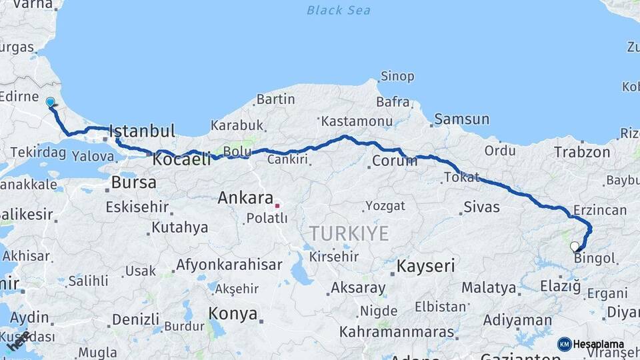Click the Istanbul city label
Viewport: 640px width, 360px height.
click(x=141, y=131)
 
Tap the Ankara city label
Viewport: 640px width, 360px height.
click(x=245, y=198)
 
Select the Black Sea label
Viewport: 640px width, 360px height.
click(x=338, y=10)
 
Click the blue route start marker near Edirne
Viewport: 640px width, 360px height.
click(x=50, y=102)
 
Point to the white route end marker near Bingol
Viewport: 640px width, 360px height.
click(x=575, y=247)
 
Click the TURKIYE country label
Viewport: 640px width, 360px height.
click(x=348, y=233)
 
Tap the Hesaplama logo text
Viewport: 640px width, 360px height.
click(x=598, y=344)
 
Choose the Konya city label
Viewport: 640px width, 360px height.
click(x=233, y=313)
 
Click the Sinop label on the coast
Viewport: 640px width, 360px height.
click(x=397, y=77)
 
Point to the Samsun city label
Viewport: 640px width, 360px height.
click(x=461, y=120)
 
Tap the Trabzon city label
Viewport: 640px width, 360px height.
click(x=581, y=152)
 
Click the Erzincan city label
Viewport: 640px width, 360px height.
click(x=600, y=211)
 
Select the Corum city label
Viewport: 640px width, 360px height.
click(x=394, y=161)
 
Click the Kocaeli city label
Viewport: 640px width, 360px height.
click(x=181, y=160)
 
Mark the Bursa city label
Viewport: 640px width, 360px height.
click(x=134, y=182)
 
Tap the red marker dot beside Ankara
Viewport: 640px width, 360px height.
click(x=277, y=205)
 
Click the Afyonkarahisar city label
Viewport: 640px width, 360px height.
click(x=229, y=265)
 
